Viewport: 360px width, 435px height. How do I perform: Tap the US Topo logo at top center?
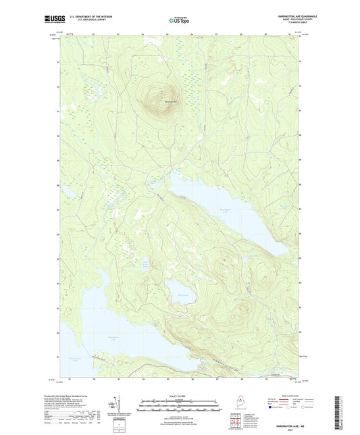(180, 21)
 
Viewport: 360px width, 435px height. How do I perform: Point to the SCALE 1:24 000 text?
(180, 395)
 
